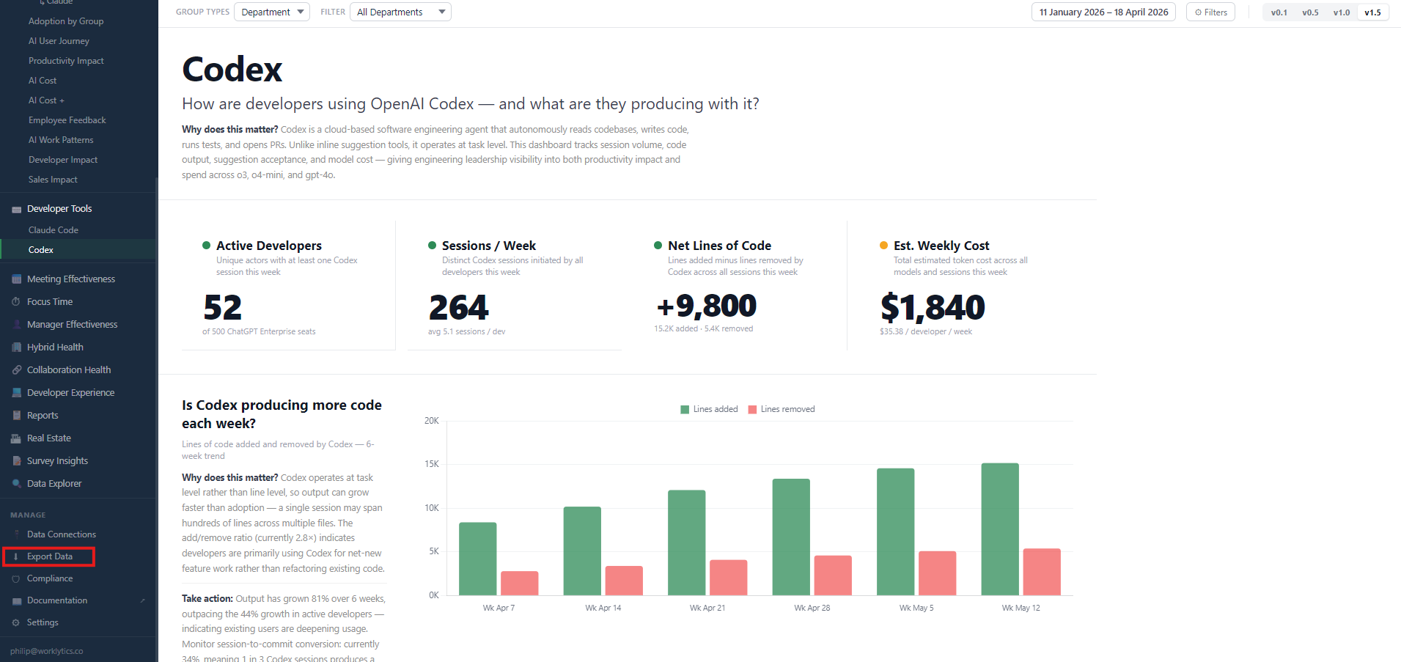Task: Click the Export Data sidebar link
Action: pos(49,556)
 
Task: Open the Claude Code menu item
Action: pos(54,230)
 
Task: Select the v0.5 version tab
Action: pos(1310,12)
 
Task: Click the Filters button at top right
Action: pos(1210,12)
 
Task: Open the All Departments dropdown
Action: pos(400,12)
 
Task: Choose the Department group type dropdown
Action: pos(272,12)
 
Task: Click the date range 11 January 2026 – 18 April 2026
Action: pos(1103,12)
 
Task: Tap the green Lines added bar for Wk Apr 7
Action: pos(478,559)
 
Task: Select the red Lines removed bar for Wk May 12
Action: pos(1042,572)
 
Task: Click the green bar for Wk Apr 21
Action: pos(687,543)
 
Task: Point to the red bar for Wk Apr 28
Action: pos(833,575)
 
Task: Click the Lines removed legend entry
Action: pos(782,409)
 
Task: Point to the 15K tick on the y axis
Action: pos(432,464)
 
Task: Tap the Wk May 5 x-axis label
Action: pos(916,608)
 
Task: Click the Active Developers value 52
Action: pos(223,308)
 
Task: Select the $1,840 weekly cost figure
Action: pos(933,307)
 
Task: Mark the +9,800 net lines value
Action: pos(707,306)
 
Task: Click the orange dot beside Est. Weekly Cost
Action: pos(883,246)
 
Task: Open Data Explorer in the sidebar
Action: pos(54,484)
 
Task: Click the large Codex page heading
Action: pos(232,70)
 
